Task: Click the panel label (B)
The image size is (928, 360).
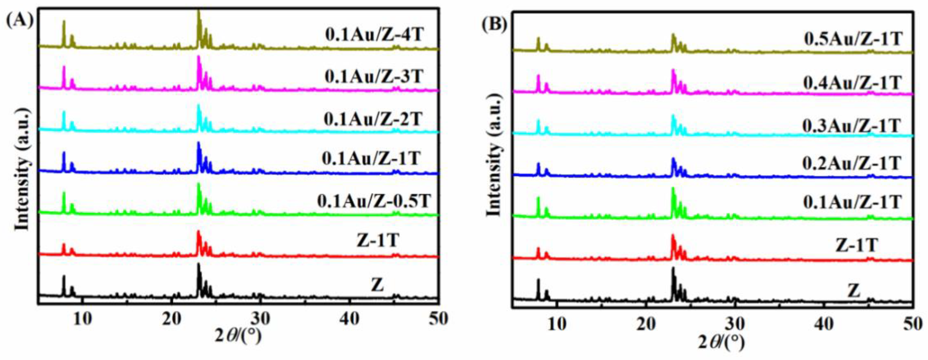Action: click(x=494, y=24)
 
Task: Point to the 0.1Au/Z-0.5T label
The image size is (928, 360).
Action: click(x=374, y=201)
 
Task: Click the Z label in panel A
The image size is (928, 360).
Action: click(x=377, y=286)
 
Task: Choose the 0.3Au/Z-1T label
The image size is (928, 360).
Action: click(x=851, y=126)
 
